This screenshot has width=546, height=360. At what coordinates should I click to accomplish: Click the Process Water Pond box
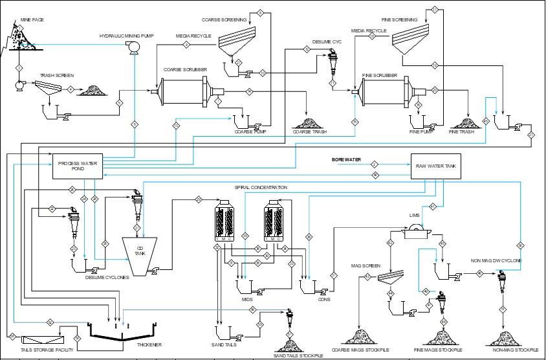tap(77, 166)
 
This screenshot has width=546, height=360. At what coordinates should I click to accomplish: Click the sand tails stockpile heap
tap(290, 344)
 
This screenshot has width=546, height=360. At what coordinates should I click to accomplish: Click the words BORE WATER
tap(346, 159)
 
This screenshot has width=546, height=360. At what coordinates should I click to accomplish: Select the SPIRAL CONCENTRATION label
tap(261, 187)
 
